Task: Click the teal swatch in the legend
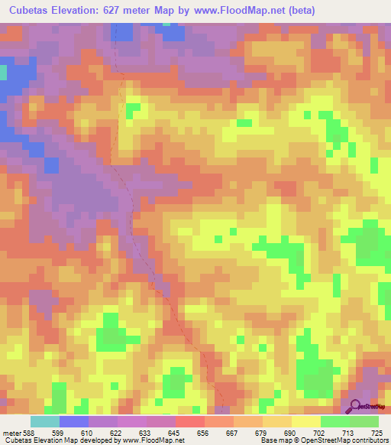pyautogui.click(x=45, y=421)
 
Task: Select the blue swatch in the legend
pyautogui.click(x=74, y=421)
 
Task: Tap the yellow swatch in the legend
pyautogui.click(x=306, y=421)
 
